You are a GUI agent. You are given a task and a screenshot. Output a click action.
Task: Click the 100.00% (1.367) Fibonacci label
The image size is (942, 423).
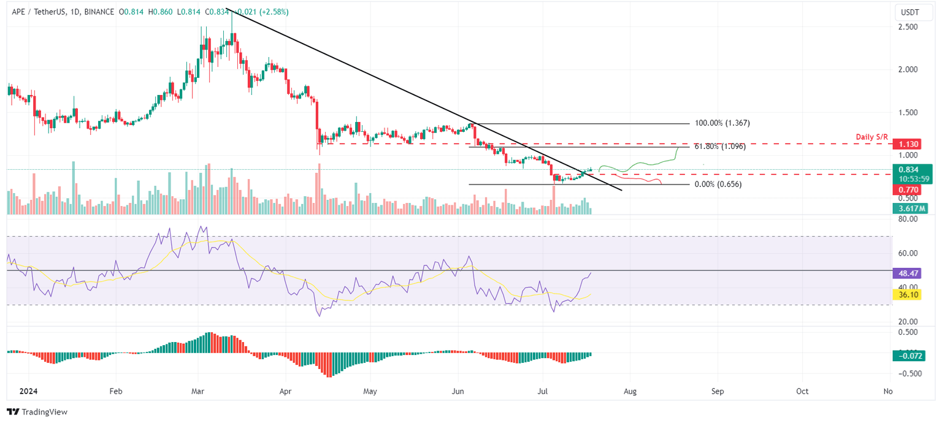(722, 123)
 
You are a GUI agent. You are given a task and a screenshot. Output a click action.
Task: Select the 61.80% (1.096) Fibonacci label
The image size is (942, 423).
(719, 147)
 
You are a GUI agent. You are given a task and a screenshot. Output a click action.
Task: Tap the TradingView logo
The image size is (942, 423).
(37, 412)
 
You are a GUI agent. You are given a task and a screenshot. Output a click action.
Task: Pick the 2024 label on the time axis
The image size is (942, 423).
(29, 391)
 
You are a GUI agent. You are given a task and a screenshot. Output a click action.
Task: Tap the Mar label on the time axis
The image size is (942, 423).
(198, 391)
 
